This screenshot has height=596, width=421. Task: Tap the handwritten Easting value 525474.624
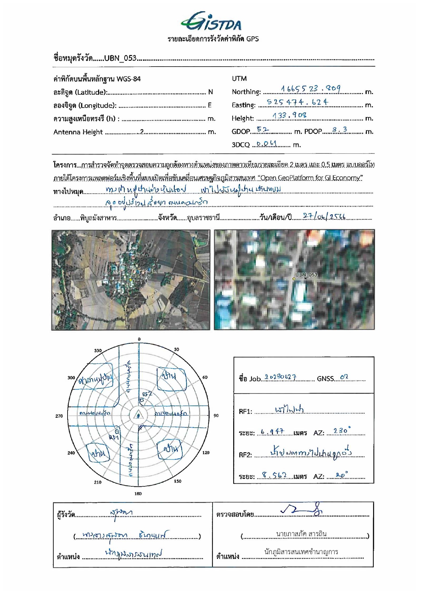coord(297,102)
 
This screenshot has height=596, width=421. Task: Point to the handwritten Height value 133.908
coord(289,115)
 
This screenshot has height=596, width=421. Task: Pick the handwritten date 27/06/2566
coord(324,216)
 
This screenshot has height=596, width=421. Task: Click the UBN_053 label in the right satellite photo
coord(306,274)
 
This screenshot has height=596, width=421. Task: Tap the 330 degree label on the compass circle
coord(98,350)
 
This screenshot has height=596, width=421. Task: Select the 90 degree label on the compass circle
coord(216,415)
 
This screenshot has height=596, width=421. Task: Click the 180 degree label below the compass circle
coord(138,493)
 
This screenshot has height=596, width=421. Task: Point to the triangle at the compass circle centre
coord(138,415)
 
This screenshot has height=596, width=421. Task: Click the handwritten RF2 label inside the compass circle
coord(147,394)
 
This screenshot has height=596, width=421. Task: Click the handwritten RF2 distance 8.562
coord(274,475)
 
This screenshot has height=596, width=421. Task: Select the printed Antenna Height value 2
coord(142,132)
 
